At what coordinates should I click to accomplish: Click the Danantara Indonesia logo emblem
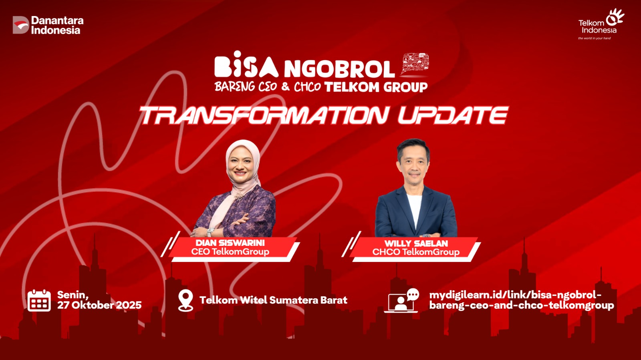tap(21, 25)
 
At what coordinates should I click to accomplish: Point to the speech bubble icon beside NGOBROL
tap(415, 64)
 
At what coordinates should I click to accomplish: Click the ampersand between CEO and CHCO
tap(285, 86)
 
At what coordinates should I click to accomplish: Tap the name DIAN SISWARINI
tap(230, 243)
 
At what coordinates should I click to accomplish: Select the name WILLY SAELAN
tap(416, 243)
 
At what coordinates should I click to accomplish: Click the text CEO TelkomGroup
tap(230, 251)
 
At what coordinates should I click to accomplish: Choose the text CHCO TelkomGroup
tap(416, 252)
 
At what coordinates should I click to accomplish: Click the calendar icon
tap(39, 300)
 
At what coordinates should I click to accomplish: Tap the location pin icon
tap(185, 300)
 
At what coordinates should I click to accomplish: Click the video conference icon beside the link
tap(401, 300)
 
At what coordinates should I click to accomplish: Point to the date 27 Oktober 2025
tap(99, 305)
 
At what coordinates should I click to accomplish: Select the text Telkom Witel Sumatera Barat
tap(273, 300)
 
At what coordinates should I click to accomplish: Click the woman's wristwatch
tap(210, 232)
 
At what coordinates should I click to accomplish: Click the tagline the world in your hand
tap(595, 38)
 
